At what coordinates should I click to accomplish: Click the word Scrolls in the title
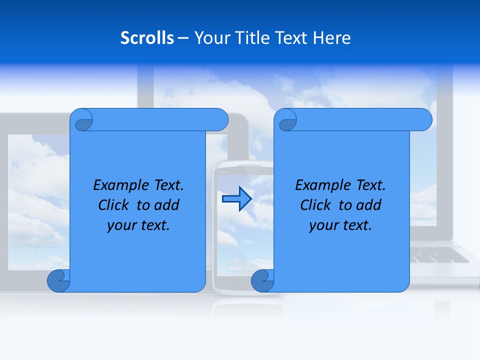[x=147, y=38]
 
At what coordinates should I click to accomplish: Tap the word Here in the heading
[x=332, y=38]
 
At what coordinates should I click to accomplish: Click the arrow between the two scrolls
[x=236, y=199]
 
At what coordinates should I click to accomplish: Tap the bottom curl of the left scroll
[x=58, y=281]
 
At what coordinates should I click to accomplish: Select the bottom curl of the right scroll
[x=262, y=281]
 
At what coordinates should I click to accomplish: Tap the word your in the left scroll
[x=121, y=225]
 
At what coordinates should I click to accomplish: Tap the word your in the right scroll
[x=323, y=225]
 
